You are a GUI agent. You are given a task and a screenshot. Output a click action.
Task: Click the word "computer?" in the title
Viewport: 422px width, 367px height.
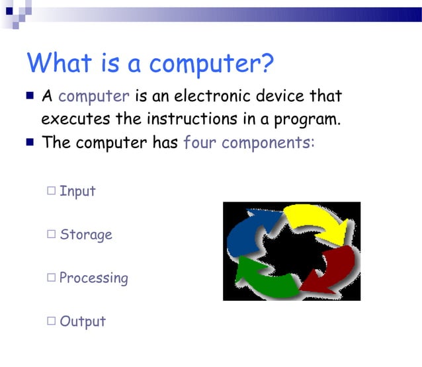click(x=212, y=65)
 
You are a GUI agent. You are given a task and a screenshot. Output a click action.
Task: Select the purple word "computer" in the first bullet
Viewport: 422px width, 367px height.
click(x=94, y=97)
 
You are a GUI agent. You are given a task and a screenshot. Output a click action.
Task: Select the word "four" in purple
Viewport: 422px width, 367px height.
click(x=200, y=142)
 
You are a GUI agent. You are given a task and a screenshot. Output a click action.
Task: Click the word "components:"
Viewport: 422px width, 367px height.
click(x=269, y=143)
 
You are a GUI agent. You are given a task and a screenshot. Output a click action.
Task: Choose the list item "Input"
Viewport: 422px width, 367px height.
click(x=77, y=191)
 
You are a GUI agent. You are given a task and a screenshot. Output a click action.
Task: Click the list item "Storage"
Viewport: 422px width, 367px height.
click(x=86, y=235)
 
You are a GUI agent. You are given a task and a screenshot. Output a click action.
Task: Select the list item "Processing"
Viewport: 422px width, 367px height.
click(x=94, y=278)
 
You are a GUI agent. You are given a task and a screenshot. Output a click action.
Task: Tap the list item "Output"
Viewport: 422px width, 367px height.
click(x=83, y=322)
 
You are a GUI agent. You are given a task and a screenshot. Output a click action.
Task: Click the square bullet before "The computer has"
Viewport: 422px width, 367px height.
click(x=30, y=142)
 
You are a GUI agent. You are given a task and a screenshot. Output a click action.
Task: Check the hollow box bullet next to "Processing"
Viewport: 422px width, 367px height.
click(x=52, y=278)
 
